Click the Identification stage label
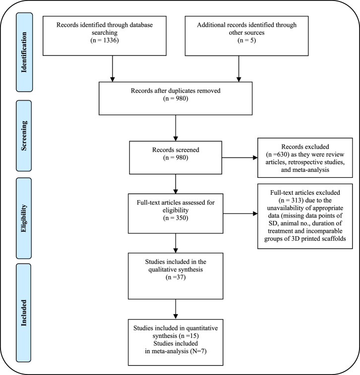(x=24, y=52)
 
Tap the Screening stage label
(x=24, y=136)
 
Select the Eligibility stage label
(x=24, y=218)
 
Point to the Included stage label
(x=23, y=313)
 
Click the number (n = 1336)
(x=105, y=40)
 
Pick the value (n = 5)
(x=246, y=40)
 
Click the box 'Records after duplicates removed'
(x=176, y=98)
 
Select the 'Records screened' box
(x=176, y=158)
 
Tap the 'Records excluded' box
(x=305, y=158)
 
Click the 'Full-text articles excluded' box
(x=305, y=216)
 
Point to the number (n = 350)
(x=176, y=218)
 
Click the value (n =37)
(x=176, y=277)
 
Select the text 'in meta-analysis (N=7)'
(x=176, y=351)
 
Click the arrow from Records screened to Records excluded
(x=240, y=158)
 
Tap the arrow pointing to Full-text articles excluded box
(x=240, y=214)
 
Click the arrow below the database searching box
(x=113, y=69)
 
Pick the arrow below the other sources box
(x=239, y=69)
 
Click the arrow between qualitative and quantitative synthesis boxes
(x=176, y=309)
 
